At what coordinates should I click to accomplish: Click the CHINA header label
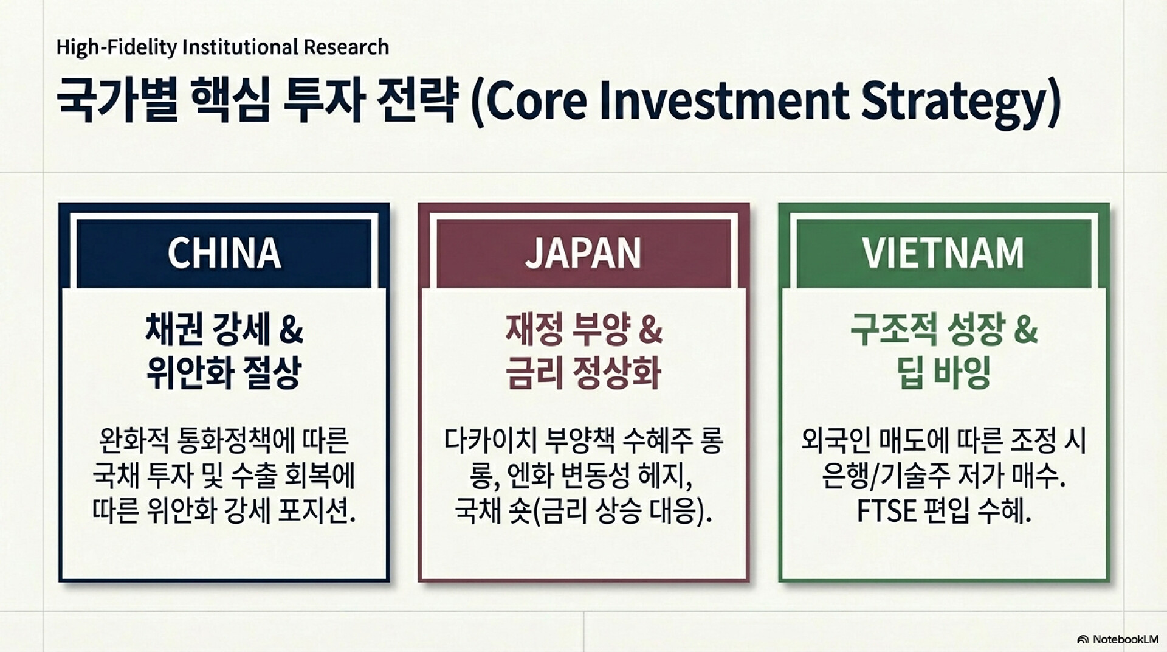click(x=224, y=252)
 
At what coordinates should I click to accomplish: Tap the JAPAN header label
click(x=583, y=252)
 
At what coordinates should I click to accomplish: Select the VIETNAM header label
click(x=943, y=252)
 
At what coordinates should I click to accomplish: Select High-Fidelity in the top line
click(x=116, y=47)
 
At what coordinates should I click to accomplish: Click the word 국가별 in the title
click(x=117, y=100)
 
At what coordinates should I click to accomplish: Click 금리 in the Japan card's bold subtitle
click(x=532, y=372)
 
